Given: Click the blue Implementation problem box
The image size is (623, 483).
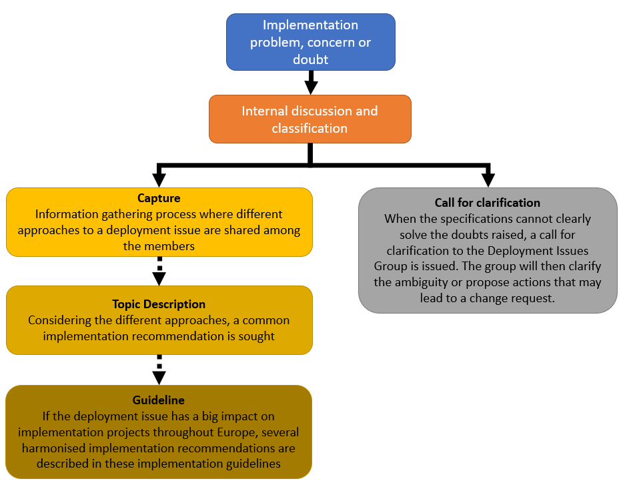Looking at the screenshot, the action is point(311,42).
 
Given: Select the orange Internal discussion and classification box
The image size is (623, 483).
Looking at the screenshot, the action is point(310,119).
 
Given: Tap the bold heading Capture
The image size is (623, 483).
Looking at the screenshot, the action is point(159,198).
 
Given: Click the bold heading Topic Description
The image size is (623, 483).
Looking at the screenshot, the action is point(159,304).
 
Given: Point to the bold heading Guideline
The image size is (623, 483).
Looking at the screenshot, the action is point(159,400).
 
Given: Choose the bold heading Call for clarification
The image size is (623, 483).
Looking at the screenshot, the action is point(488,203).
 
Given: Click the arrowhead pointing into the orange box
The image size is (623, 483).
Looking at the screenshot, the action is point(311,87).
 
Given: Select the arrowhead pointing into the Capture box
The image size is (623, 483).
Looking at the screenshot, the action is point(159,180).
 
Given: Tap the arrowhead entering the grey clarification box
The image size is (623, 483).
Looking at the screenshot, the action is point(488,180).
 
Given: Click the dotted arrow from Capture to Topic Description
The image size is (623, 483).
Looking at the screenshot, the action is point(159,271).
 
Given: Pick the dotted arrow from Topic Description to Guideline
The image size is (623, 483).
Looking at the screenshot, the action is point(159,370).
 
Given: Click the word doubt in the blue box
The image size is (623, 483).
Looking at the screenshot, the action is point(311,59).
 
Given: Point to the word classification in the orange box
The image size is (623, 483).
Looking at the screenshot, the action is point(309,128).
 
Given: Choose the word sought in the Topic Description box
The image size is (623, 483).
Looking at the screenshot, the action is point(256,336).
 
